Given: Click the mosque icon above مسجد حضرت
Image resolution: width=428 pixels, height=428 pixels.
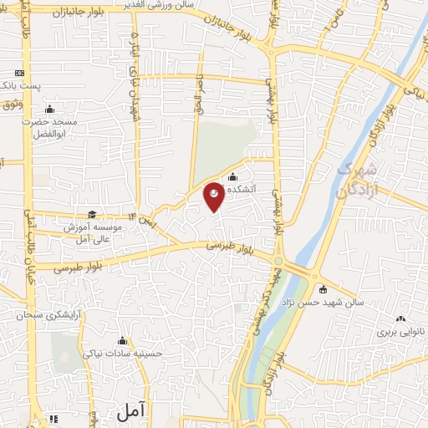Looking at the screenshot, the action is click(x=49, y=109).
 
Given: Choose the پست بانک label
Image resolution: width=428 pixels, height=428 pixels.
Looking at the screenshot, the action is click(x=18, y=86).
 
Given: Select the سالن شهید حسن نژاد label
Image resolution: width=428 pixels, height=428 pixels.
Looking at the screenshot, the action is click(x=323, y=301).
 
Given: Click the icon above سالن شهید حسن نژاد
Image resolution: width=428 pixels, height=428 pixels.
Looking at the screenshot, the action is click(x=323, y=288).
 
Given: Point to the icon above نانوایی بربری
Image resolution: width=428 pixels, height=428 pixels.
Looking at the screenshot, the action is click(x=400, y=318).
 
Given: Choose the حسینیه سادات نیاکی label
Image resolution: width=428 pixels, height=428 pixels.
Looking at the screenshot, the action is click(x=124, y=353).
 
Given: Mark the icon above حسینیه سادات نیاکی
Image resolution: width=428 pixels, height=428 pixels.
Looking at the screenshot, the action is click(x=124, y=340).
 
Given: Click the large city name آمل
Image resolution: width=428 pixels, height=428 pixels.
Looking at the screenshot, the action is click(x=130, y=410).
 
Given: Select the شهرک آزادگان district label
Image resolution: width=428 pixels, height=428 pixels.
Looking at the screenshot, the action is click(x=358, y=179).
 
